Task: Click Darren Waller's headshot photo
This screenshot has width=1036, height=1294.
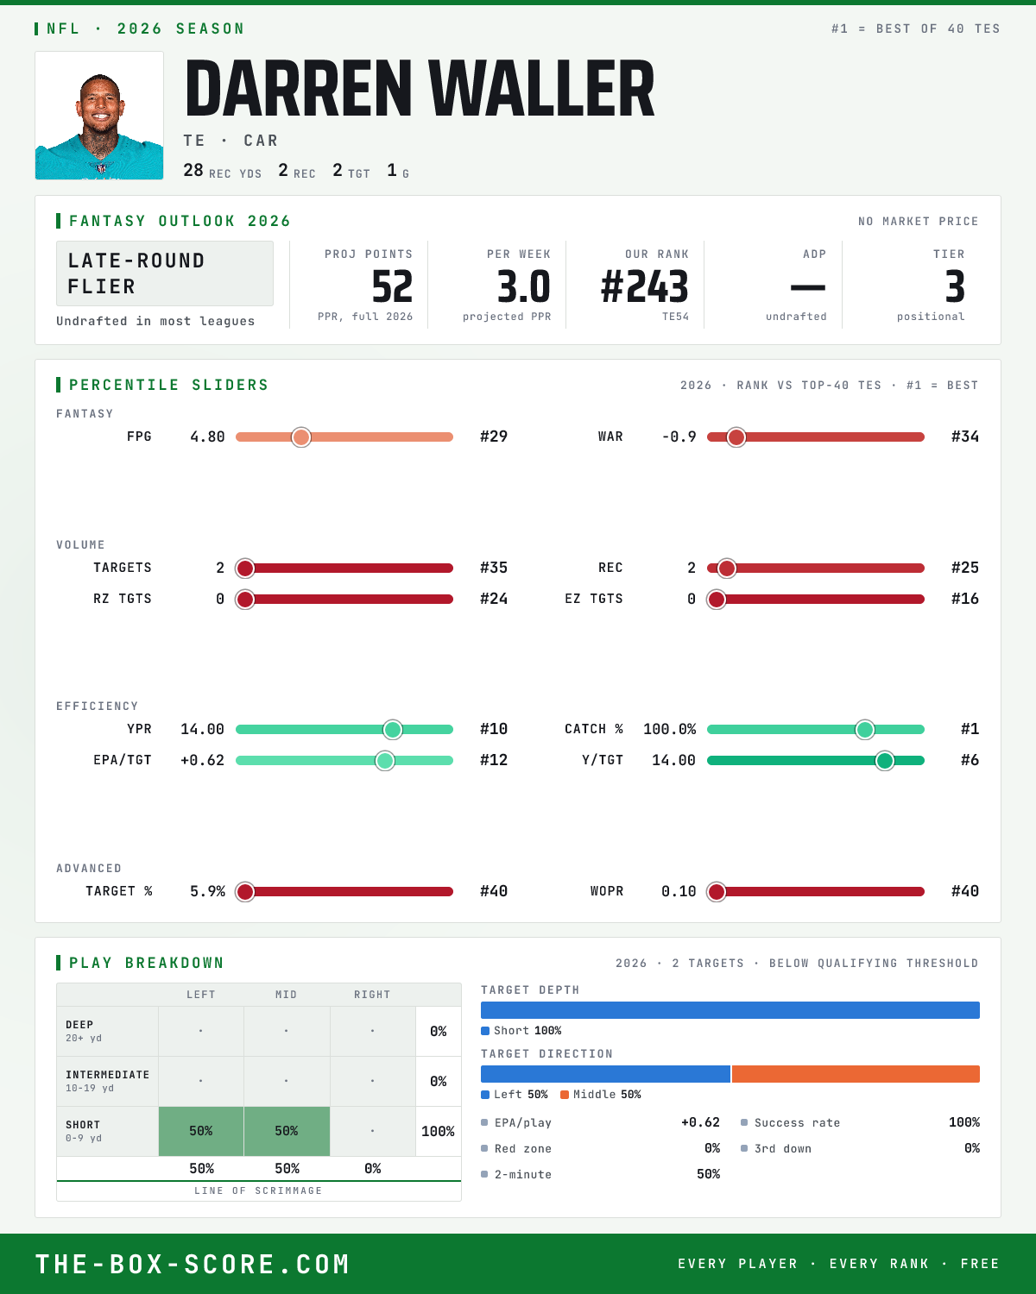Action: coord(99,116)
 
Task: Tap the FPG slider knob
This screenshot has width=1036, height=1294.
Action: coord(301,437)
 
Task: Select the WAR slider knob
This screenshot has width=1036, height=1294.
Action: coord(736,437)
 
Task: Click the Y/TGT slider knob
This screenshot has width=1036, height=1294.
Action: coord(884,761)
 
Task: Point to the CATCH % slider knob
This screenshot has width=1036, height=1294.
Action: coord(864,729)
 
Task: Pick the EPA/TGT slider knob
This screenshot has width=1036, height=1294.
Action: coord(385,761)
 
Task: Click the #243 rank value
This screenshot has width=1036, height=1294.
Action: coord(644,286)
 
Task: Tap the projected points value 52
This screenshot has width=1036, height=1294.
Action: coord(392,286)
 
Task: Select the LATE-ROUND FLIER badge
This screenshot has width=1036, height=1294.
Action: coord(164,273)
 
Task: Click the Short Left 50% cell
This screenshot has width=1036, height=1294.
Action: coord(201,1131)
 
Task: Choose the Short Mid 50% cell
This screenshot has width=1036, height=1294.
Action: coord(287,1131)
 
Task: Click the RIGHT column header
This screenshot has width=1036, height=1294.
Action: coord(372,995)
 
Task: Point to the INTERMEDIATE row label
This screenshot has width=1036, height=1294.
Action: coord(107,1075)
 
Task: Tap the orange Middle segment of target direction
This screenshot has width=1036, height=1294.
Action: coord(856,1074)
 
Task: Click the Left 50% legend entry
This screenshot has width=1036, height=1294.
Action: coord(515,1095)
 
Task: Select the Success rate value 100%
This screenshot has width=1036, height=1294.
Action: coord(963,1122)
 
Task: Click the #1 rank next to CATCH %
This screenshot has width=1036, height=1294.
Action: coord(970,729)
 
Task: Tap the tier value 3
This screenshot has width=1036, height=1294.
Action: coord(955,286)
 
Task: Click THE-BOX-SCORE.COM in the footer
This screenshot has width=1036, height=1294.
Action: coord(193,1264)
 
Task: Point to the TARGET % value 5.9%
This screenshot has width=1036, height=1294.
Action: coord(207,891)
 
